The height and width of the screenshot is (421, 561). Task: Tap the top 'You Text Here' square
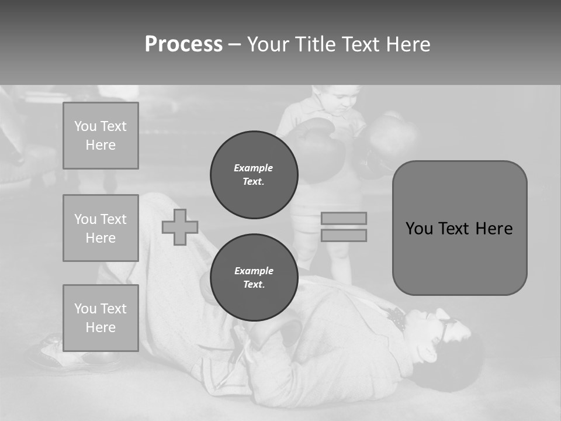click(101, 136)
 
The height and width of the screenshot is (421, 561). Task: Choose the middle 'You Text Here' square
click(101, 228)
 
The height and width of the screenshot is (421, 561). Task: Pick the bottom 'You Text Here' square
click(101, 318)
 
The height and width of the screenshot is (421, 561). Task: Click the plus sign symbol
click(180, 227)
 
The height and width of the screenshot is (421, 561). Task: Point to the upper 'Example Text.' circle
click(254, 175)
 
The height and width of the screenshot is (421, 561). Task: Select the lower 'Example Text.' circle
click(254, 278)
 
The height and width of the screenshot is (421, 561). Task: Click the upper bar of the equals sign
click(344, 219)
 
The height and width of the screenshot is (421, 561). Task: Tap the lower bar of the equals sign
click(344, 236)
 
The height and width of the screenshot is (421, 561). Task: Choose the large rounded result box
click(459, 228)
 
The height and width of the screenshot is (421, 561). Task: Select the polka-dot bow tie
click(397, 318)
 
